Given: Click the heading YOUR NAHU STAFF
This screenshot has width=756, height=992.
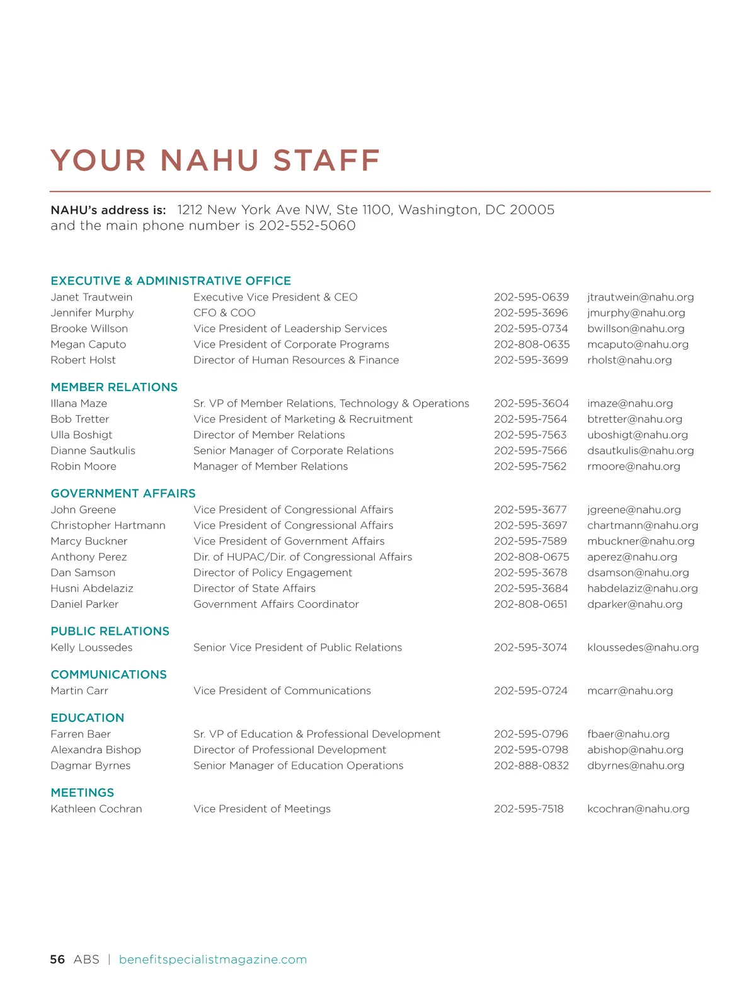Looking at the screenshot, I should tap(215, 161).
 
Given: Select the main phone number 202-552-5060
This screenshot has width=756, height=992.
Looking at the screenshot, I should tap(307, 225).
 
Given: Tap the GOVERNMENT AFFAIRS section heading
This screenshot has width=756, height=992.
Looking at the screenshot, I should tap(123, 493).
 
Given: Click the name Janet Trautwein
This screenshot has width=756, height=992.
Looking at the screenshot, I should tap(91, 297).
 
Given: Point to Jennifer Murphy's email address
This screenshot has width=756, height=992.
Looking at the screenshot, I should tap(636, 313).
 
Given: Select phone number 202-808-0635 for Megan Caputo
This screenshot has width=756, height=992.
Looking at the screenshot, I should tap(531, 345).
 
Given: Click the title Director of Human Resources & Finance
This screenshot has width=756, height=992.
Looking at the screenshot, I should tap(296, 360).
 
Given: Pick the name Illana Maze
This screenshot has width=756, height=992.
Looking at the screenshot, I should tap(79, 404).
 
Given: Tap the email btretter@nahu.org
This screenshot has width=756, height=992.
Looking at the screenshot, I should tap(634, 419).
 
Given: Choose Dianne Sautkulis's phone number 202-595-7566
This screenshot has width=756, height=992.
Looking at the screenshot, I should tap(530, 451).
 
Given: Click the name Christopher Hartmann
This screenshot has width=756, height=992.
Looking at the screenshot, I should tap(108, 525).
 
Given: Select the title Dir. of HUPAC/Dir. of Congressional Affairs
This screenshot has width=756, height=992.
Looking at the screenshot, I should tap(302, 557).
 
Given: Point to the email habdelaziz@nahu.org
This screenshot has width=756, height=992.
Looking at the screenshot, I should tap(642, 588).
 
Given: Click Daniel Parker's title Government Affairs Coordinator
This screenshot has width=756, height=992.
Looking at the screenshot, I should tap(276, 604).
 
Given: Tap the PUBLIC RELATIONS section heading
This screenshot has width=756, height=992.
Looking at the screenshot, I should tap(110, 631).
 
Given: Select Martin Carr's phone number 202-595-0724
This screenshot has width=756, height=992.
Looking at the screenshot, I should tap(530, 691).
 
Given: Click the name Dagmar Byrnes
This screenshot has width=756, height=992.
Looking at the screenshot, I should tap(90, 766).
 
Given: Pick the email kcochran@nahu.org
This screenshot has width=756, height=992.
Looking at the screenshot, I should tap(638, 809).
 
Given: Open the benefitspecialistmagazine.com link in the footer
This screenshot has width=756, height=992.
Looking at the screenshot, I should tap(212, 959).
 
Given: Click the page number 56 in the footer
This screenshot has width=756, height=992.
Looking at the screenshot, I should tap(57, 959).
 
